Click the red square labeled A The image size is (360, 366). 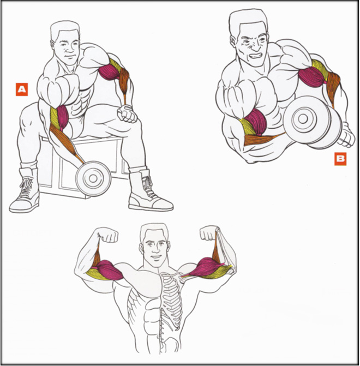22,89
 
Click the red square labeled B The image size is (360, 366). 340,159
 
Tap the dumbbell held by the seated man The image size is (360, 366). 93,178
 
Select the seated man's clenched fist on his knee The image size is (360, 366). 127,113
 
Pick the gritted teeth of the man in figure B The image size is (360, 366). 256,56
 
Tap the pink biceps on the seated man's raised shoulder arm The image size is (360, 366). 109,72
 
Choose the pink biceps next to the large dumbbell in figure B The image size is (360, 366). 256,122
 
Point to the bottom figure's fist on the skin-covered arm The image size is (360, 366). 109,235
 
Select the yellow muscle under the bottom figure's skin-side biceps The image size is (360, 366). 95,274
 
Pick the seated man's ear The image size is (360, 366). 53,44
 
